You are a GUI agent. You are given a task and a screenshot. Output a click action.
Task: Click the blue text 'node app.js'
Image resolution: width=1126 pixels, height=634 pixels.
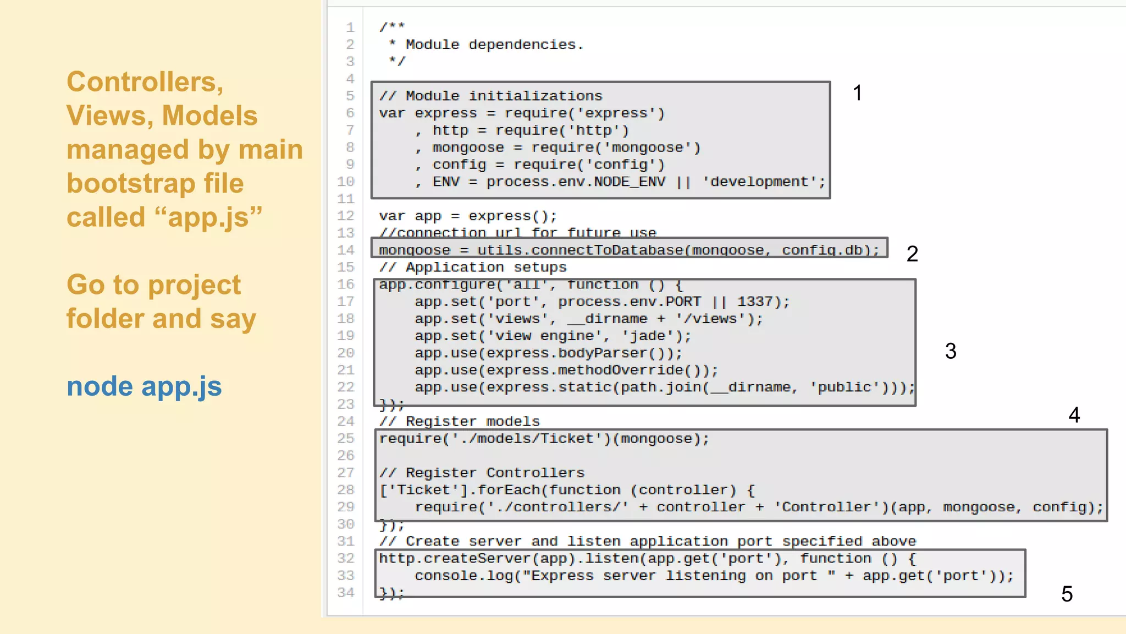coord(144,386)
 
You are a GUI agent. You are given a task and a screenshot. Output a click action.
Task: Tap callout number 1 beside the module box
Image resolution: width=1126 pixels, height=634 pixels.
coord(857,93)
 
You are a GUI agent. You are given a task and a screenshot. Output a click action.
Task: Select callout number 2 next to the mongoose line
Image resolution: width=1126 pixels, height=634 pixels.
coord(912,254)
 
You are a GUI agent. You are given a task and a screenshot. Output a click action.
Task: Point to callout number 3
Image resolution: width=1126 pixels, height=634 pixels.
coord(951,351)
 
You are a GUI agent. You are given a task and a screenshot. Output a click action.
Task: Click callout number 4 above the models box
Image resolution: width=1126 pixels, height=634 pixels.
coord(1074,415)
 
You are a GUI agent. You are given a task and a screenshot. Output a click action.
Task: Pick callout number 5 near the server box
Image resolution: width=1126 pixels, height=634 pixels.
coord(1067,594)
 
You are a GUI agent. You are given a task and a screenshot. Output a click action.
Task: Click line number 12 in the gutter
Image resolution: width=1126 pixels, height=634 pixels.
coord(346,216)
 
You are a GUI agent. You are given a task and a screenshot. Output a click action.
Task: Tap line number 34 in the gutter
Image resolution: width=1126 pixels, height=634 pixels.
coord(346,593)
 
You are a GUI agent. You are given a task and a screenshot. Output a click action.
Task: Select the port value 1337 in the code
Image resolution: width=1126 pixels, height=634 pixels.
coord(754,302)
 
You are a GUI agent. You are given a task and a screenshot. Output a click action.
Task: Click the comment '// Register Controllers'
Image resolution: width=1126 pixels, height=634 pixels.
coord(482,473)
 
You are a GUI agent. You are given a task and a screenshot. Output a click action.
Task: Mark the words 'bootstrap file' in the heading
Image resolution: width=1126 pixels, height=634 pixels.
coord(155,183)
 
